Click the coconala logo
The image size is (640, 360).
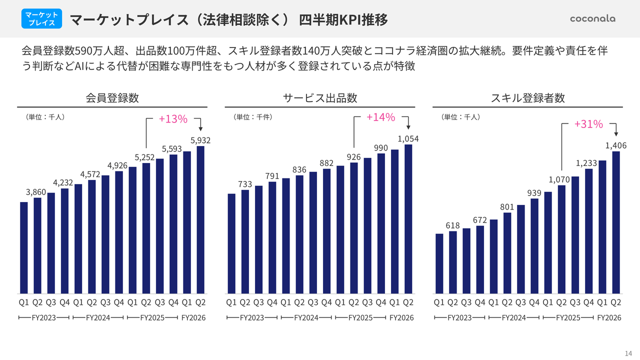click(592, 18)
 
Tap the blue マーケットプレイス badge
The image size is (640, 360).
click(42, 18)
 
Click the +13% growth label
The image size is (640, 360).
click(172, 119)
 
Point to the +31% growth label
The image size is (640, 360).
click(588, 124)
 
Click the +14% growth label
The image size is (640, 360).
click(380, 117)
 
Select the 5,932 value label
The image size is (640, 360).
click(200, 140)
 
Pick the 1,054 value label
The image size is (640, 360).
click(408, 138)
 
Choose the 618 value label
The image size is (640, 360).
click(452, 225)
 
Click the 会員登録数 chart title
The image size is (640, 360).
click(112, 98)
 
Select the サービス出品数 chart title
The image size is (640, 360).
click(320, 98)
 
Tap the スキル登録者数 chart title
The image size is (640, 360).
click(527, 98)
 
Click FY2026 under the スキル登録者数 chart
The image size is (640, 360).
click(609, 318)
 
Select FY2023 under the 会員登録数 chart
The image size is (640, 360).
click(43, 318)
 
